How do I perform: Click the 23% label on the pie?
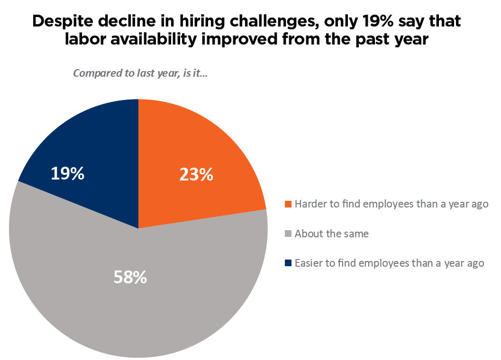pyautogui.click(x=196, y=175)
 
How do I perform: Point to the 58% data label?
pyautogui.click(x=130, y=278)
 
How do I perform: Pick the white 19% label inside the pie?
pyautogui.click(x=67, y=174)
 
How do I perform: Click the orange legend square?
pyautogui.click(x=288, y=205)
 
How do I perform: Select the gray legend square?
pyautogui.click(x=288, y=234)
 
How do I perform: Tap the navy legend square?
pyautogui.click(x=288, y=263)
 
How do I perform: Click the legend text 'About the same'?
pyautogui.click(x=331, y=234)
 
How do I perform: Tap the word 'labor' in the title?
pyautogui.click(x=83, y=40)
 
